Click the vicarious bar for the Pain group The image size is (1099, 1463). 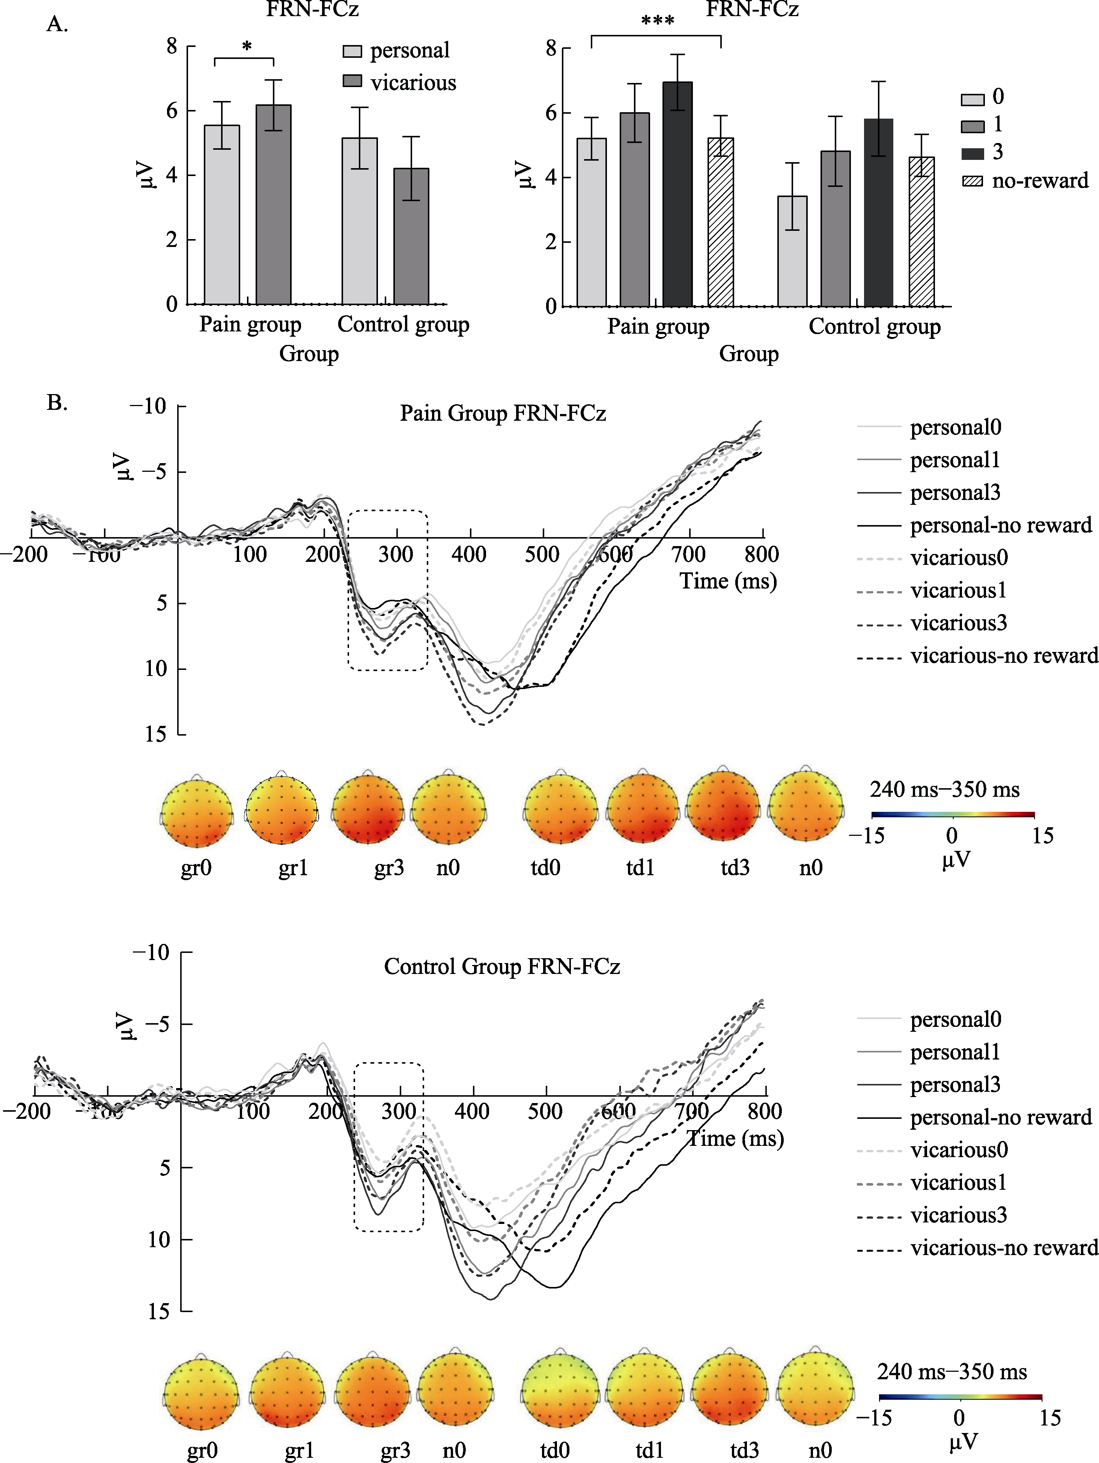[x=273, y=205]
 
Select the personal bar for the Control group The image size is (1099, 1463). [x=359, y=221]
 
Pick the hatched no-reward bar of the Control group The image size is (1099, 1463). [x=921, y=232]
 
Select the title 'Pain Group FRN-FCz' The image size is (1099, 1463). [x=503, y=414]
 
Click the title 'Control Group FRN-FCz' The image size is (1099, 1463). [x=502, y=967]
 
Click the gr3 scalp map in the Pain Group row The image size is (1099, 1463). [x=368, y=811]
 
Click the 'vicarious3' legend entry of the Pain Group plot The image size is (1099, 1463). [x=958, y=623]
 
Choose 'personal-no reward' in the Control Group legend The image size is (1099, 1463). [x=1001, y=1117]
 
